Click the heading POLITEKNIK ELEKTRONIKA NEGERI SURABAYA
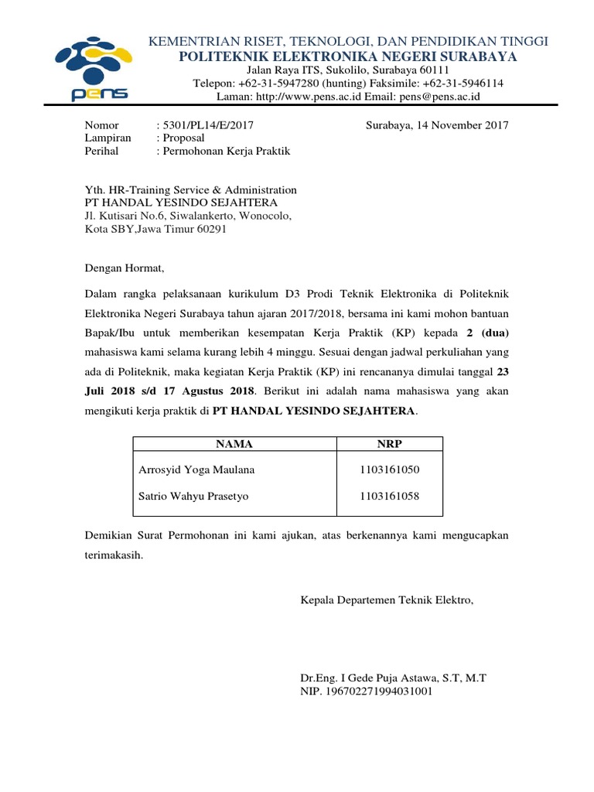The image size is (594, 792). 348,56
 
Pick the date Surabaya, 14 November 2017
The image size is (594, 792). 436,125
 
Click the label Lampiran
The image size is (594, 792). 108,138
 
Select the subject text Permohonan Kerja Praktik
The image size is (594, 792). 226,151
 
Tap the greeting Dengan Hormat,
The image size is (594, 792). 125,268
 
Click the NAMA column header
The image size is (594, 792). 234,444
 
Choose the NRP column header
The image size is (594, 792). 389,444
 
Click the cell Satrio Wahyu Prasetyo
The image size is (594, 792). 193,496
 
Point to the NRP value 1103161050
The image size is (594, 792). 389,469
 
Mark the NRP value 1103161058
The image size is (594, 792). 389,496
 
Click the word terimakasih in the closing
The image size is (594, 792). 114,555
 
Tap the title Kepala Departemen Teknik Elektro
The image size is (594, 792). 386,599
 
